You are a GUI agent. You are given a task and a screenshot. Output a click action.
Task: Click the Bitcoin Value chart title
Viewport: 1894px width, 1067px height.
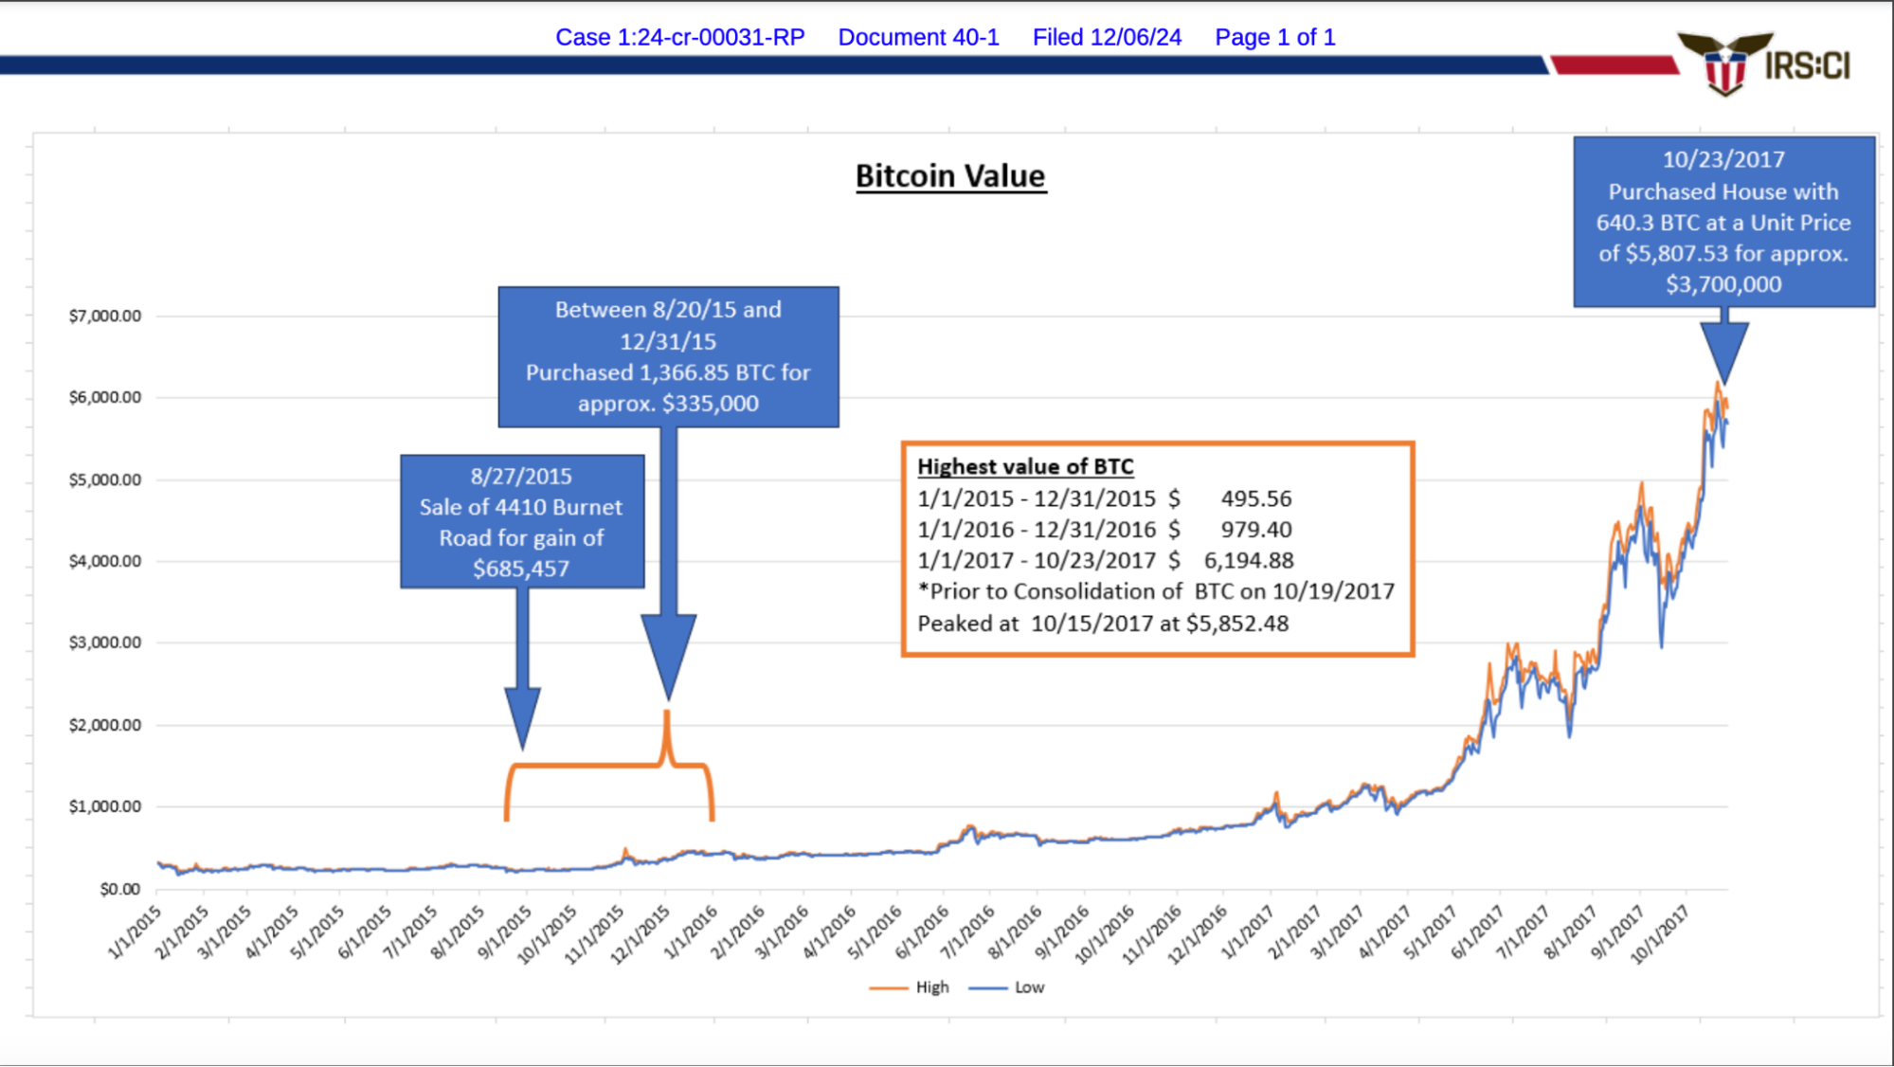950,176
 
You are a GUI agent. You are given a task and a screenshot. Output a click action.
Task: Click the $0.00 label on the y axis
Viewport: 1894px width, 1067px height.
119,889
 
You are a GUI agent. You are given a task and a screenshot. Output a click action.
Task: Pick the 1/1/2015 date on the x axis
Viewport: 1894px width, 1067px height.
135,932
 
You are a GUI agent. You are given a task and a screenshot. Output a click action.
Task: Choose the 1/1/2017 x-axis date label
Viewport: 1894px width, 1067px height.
1248,932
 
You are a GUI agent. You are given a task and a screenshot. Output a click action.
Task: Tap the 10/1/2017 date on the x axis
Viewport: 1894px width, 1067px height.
1660,934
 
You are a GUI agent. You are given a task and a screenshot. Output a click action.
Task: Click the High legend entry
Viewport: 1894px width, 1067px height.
931,987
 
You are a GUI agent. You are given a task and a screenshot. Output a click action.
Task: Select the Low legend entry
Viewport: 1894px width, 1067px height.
1029,987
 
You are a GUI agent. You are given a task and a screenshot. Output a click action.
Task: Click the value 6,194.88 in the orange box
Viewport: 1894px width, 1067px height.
1248,560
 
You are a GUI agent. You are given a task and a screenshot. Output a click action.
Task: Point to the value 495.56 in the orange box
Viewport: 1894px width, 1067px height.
1255,498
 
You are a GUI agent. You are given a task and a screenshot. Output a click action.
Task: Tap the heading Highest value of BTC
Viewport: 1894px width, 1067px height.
1025,466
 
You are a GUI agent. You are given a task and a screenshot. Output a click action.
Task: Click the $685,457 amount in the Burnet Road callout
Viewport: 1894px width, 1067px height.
521,569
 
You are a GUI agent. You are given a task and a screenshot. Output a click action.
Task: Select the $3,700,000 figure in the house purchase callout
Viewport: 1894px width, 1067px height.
1723,284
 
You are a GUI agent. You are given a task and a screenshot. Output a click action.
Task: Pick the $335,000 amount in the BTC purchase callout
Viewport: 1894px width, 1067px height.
710,404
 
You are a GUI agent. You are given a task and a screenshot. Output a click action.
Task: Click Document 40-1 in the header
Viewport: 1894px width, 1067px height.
918,37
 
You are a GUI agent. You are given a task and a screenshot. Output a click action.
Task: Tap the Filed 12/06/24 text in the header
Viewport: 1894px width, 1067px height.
1107,37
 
